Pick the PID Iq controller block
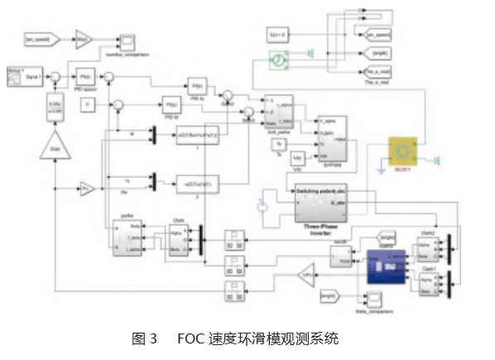click(197, 86)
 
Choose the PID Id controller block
click(171, 105)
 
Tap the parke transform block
click(127, 238)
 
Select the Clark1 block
click(428, 283)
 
